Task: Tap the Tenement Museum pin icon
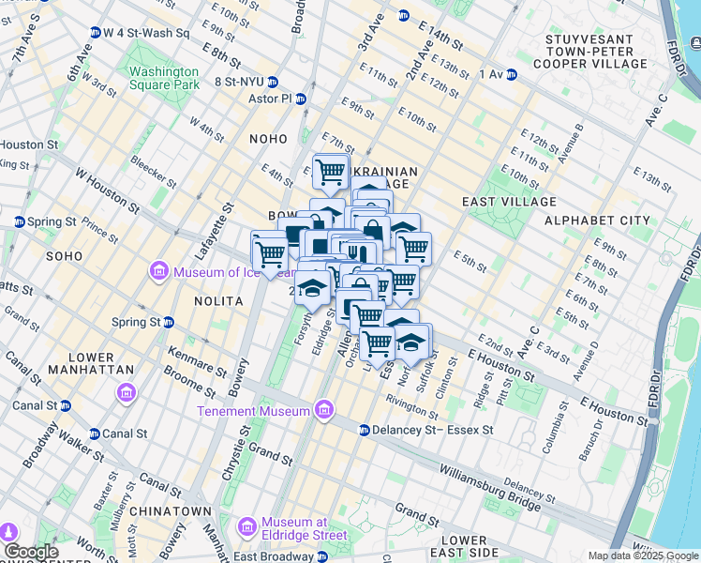(324, 411)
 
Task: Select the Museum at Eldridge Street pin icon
(247, 527)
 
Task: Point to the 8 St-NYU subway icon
(273, 82)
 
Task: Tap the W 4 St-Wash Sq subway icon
(96, 33)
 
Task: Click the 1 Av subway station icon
(511, 74)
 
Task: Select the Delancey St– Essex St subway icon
(365, 430)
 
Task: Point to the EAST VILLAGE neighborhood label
(509, 202)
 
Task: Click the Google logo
(31, 552)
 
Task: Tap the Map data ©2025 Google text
(642, 555)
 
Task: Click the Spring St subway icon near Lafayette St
(169, 322)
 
